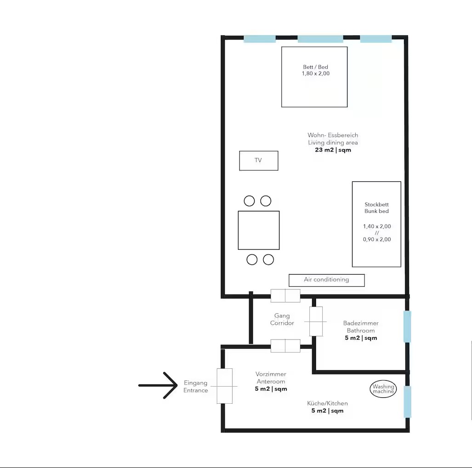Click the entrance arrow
(158, 385)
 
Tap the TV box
(259, 161)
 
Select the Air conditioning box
(327, 280)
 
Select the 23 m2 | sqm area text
(333, 150)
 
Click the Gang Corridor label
(282, 319)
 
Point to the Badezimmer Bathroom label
(361, 327)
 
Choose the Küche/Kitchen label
(327, 403)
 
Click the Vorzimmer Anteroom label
(271, 378)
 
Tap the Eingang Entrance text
(196, 387)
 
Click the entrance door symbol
(225, 386)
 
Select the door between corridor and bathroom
(316, 321)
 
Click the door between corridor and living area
(285, 296)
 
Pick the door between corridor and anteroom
(285, 346)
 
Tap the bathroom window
(407, 327)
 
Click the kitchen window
(407, 402)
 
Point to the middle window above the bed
(320, 39)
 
